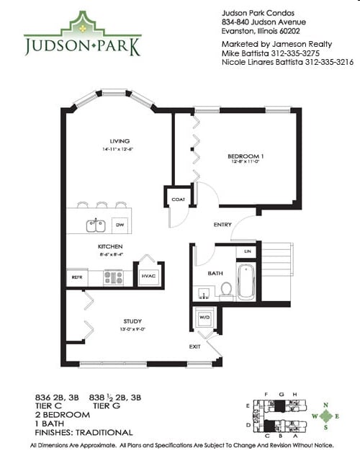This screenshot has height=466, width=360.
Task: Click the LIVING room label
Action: pos(118,140)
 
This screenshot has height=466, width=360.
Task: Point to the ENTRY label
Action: pos(222,225)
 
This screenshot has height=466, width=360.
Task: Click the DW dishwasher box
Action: pos(120,225)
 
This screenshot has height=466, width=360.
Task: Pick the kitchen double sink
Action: pos(96,225)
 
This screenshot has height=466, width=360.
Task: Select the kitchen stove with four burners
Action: pos(113,277)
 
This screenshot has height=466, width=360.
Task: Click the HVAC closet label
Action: pos(148,276)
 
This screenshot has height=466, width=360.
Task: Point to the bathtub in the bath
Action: pos(247,282)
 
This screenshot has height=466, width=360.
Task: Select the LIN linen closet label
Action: pos(248,251)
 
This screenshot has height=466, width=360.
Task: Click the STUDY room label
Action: pos(132,321)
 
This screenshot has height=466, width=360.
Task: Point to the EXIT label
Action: pos(195,347)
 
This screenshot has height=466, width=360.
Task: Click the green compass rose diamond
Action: pos(327,416)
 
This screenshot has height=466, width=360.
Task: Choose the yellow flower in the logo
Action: pos(82,27)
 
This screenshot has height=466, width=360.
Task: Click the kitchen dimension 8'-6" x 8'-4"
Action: pos(110,254)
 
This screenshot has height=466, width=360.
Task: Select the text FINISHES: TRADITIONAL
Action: pos(84,433)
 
